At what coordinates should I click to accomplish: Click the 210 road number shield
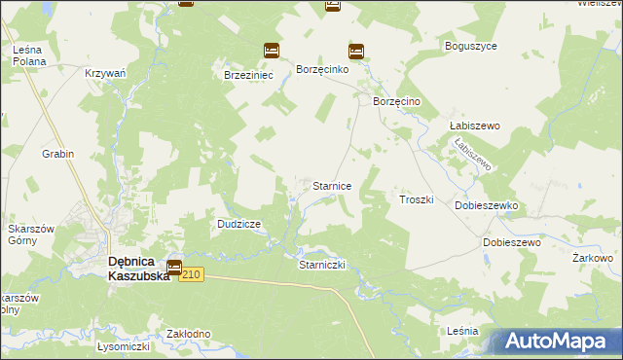point(191,275)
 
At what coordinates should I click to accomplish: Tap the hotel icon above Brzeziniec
point(272,51)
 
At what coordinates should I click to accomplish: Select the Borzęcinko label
point(329,74)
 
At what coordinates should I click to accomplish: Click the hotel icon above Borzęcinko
point(356,52)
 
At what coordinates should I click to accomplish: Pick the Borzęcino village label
point(396,101)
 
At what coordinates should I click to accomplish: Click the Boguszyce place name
point(471,46)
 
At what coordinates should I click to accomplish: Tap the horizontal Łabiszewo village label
point(474,126)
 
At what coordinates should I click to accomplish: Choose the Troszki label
point(416,199)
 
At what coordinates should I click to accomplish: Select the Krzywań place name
point(105,74)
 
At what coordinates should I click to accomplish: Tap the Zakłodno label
point(189,334)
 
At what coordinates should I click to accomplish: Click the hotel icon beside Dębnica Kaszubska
point(174,268)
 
